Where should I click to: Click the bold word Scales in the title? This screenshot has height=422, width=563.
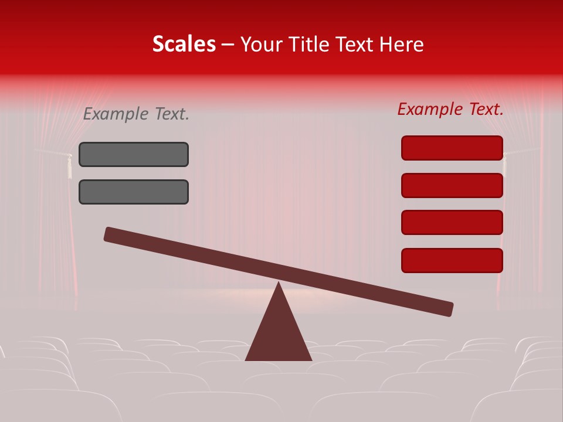tap(184, 44)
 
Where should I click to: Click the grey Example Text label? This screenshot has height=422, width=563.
tap(136, 114)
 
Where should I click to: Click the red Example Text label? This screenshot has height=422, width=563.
tap(450, 109)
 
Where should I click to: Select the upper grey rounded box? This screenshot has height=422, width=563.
tap(134, 154)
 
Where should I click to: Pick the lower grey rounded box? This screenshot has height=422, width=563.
tap(134, 192)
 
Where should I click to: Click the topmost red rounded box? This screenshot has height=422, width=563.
tap(452, 148)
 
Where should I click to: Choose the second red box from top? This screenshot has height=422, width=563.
tap(452, 185)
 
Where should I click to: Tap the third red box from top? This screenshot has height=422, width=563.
tap(452, 223)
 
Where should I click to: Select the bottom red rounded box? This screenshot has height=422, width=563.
tap(452, 260)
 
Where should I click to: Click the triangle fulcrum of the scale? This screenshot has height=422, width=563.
tap(279, 334)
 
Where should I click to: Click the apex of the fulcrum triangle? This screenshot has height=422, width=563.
tap(279, 285)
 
